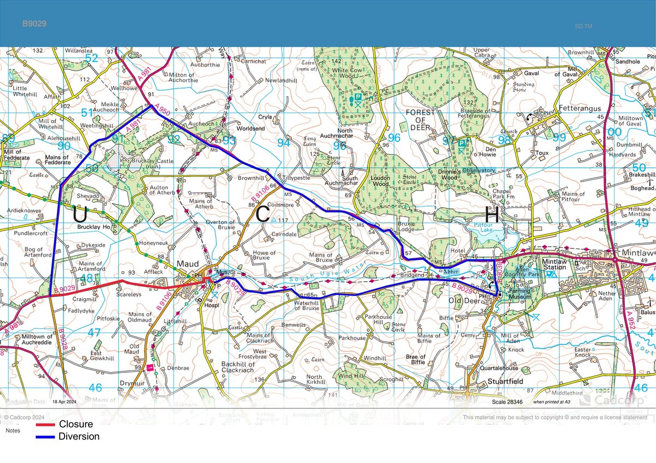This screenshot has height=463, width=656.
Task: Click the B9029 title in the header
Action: click(x=33, y=24)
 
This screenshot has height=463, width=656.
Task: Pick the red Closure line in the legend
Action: click(x=45, y=424)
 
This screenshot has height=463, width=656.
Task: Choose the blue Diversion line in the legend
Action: click(x=45, y=437)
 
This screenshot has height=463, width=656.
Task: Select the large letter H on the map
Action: click(x=492, y=215)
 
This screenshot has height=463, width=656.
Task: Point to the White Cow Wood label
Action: click(x=355, y=71)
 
